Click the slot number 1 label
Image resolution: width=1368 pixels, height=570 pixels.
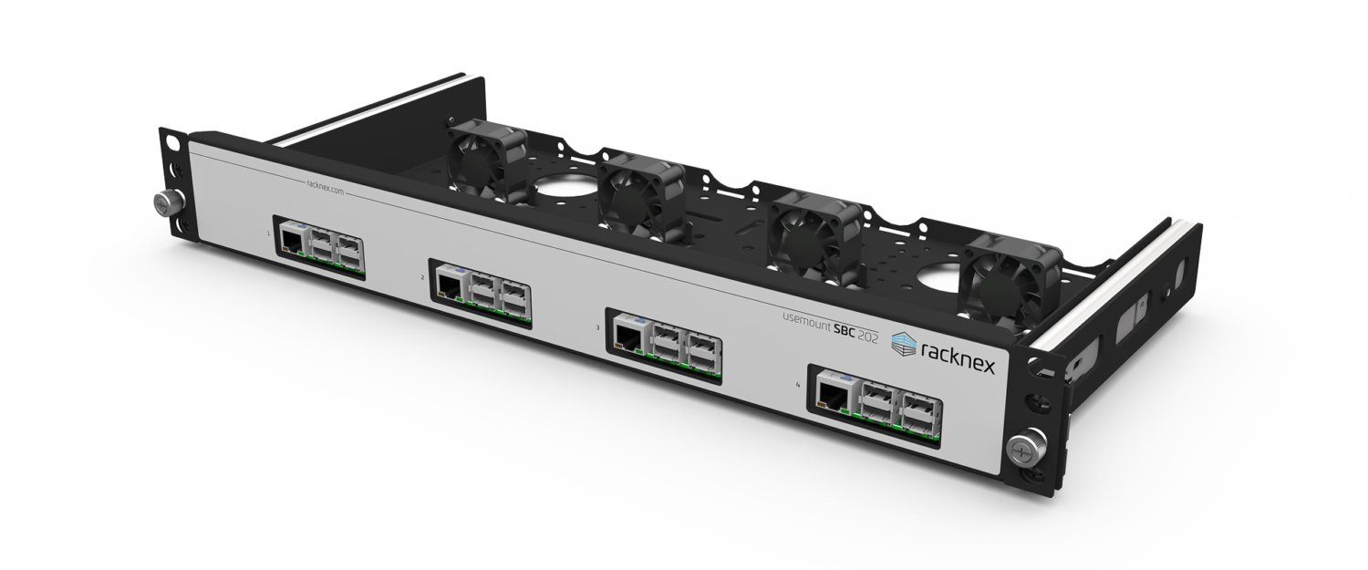click(x=268, y=233)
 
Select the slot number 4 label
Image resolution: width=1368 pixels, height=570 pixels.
click(x=798, y=386)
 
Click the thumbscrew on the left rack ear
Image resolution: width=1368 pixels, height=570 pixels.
click(x=164, y=202)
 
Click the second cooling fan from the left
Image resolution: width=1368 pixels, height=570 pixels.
click(x=640, y=197)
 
